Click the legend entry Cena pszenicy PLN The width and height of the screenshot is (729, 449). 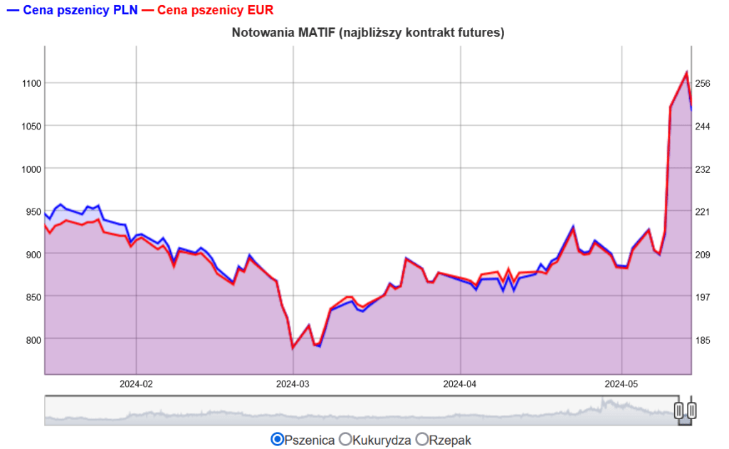(x=73, y=10)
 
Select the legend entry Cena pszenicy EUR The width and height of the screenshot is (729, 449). (x=208, y=10)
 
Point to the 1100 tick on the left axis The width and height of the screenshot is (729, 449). (x=31, y=84)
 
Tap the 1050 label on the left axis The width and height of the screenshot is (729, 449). (x=31, y=127)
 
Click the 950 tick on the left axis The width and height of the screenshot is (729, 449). (x=33, y=212)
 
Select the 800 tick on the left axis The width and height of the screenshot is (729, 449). (x=33, y=340)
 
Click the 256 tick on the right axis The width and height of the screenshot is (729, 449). (x=703, y=84)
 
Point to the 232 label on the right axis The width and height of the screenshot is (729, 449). (x=703, y=169)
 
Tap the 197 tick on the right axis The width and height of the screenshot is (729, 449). (x=703, y=297)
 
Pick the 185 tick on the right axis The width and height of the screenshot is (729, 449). (x=703, y=340)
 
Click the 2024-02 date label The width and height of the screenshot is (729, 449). (x=136, y=384)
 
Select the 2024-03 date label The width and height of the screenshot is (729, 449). (x=293, y=384)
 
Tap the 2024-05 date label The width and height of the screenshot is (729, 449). (x=621, y=384)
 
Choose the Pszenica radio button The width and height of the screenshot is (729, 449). (x=278, y=439)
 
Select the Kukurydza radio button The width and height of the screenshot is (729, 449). (x=345, y=439)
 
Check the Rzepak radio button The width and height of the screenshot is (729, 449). (x=421, y=439)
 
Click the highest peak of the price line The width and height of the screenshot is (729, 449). (x=687, y=72)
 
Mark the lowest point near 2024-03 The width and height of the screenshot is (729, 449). (x=293, y=348)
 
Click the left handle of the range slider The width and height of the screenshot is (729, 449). (x=678, y=411)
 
